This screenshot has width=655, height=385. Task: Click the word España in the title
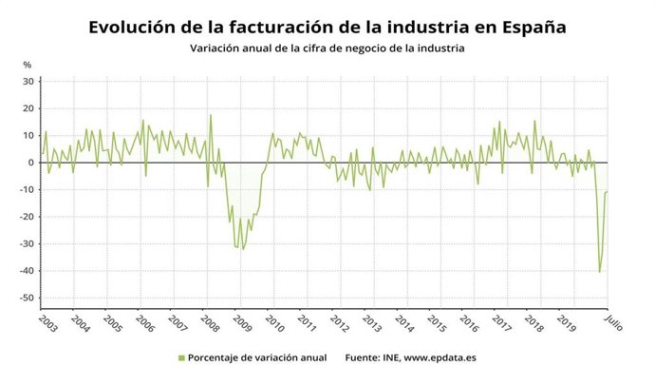pos(525,28)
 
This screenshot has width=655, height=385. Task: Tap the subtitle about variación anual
pos(327,48)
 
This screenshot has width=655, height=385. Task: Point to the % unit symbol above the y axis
pos(28,65)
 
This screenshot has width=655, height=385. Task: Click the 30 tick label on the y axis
pos(28,82)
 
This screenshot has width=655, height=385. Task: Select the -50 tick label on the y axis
pos(26,298)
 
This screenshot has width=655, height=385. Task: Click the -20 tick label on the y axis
pos(26,217)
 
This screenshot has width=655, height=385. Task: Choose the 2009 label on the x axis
pos(242,323)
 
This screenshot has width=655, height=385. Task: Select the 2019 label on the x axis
pos(566,323)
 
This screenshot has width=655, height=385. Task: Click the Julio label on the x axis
pos(613,321)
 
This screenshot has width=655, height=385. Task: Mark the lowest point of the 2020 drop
pos(599,272)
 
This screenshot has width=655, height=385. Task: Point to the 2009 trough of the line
pos(242,249)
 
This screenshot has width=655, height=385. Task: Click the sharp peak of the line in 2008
pos(211,115)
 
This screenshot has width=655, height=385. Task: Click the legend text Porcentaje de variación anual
pos(256,357)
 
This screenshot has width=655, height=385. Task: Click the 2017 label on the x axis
pos(501,323)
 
